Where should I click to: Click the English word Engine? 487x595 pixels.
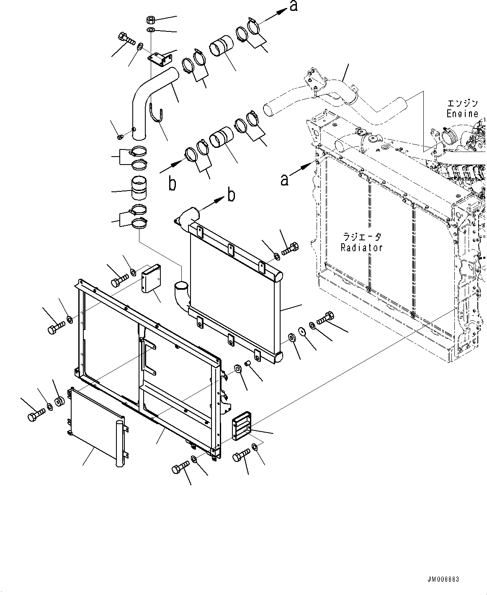[x=462, y=113]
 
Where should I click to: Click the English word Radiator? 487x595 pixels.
[x=361, y=247]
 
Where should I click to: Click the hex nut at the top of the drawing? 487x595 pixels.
[x=151, y=20]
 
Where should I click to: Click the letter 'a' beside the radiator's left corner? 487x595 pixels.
[x=284, y=180]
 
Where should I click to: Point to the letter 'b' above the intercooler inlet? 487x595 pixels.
[x=231, y=195]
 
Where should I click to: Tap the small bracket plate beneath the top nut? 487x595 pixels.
[x=157, y=59]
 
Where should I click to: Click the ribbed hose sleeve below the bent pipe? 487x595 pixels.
[x=138, y=190]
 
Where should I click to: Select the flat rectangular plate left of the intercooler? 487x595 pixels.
[x=151, y=277]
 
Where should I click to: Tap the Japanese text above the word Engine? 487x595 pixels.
[x=462, y=103]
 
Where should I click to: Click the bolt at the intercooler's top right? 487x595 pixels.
[x=290, y=250]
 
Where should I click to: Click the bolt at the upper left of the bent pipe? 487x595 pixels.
[x=126, y=39]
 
